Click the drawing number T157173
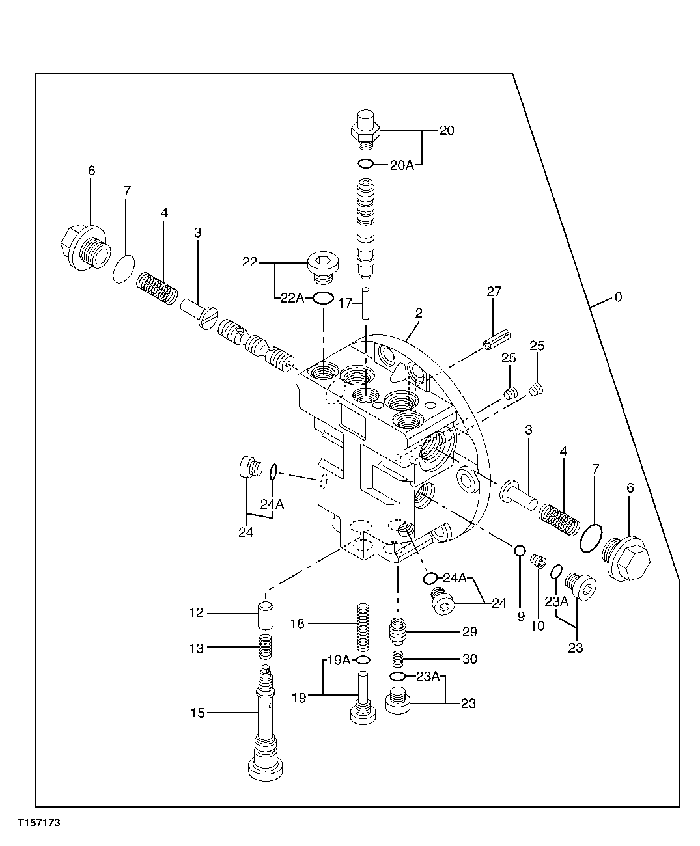[39, 823]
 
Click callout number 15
[197, 713]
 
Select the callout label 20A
[402, 165]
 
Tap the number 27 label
[494, 292]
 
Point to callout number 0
[618, 297]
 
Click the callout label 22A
[292, 298]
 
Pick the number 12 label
[197, 613]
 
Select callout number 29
[469, 632]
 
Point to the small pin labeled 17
[367, 303]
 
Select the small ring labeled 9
[520, 551]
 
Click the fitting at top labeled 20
[366, 128]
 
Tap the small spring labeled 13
[266, 646]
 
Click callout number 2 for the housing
[418, 313]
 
